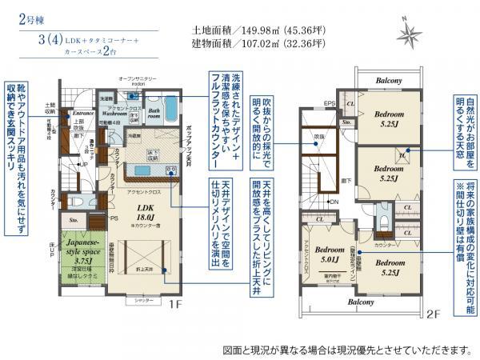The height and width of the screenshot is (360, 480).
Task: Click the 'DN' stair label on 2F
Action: (x=334, y=202)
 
